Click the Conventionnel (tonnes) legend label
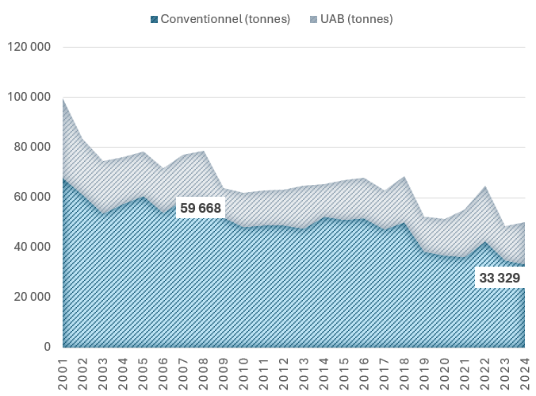click(x=225, y=19)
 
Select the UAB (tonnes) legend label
click(x=357, y=19)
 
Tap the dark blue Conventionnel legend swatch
click(x=154, y=19)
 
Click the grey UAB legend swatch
click(x=313, y=19)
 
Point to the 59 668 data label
click(x=201, y=208)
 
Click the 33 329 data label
click(x=500, y=278)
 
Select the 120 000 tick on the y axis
click(x=29, y=47)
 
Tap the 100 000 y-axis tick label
click(x=29, y=97)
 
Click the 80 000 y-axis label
click(x=33, y=147)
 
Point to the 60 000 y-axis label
click(x=33, y=197)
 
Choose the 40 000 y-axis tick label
click(x=33, y=247)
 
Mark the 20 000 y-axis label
click(x=33, y=297)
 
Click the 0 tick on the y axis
click(x=47, y=347)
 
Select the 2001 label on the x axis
click(x=63, y=374)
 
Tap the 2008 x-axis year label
click(x=204, y=374)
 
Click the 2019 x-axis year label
click(x=424, y=374)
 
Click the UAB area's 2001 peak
click(x=63, y=99)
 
